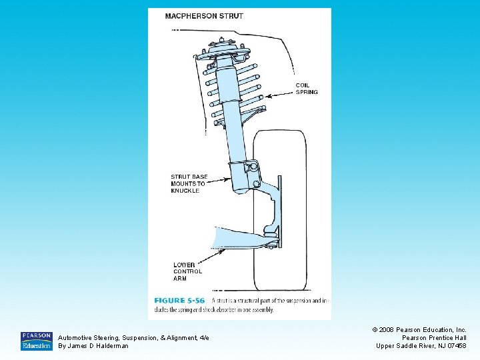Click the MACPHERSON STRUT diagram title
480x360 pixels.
pos(204,16)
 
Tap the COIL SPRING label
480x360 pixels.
pos(307,89)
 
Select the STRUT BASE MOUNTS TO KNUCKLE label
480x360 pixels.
pos(189,184)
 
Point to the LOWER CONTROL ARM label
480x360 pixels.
pos(187,272)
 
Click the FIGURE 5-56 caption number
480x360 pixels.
pos(179,301)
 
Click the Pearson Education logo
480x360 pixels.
pos(36,341)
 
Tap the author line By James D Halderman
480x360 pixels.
pos(93,346)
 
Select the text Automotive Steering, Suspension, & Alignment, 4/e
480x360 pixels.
pos(133,338)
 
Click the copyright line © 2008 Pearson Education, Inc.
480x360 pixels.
pos(421,330)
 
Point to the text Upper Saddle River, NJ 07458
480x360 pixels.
pos(421,346)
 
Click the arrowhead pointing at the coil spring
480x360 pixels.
pos(267,97)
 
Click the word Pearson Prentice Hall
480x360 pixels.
pos(433,338)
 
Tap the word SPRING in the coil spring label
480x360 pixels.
pos(307,93)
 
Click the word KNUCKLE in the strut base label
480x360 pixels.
pos(185,191)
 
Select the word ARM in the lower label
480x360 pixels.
pos(180,279)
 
